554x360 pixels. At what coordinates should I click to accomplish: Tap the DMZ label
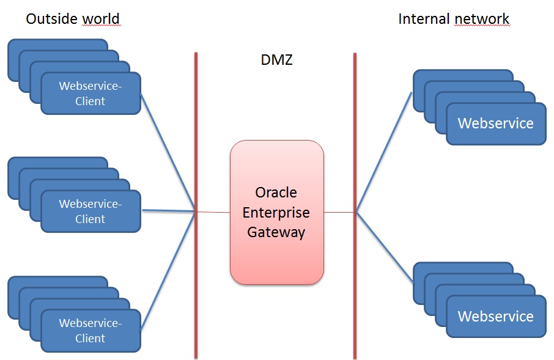point(276,61)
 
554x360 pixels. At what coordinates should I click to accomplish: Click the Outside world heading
point(73,19)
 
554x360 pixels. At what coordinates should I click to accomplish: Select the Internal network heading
point(454,19)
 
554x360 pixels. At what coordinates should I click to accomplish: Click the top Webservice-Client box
point(90,94)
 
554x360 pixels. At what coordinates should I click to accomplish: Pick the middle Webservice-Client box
point(90,211)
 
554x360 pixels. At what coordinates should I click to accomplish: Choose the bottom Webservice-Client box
point(90,331)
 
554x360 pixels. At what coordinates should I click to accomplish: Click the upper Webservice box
point(495,123)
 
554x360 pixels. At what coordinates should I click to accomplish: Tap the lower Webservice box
point(495,317)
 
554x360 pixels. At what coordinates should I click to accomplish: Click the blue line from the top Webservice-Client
point(168,153)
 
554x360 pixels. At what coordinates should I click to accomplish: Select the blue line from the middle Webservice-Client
point(168,211)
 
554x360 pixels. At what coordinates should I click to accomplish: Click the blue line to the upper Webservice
point(383,153)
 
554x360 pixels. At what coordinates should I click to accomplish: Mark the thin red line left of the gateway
point(213,212)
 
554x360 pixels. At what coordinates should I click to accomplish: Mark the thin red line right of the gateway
point(339,212)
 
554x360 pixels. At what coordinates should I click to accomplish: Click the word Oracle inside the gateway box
point(276,193)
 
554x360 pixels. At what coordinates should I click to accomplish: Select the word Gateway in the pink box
point(276,233)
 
